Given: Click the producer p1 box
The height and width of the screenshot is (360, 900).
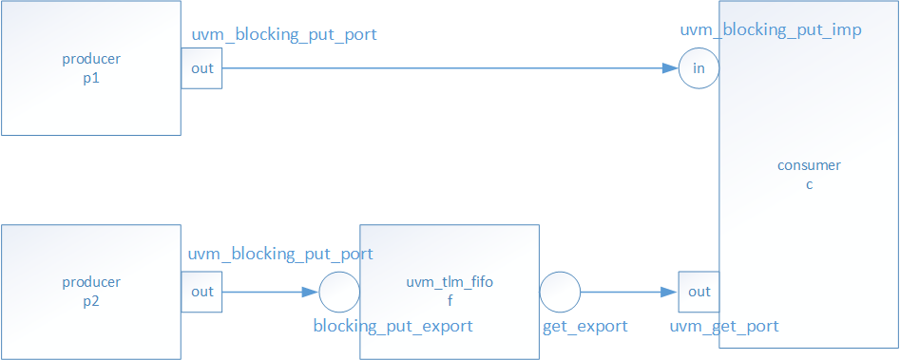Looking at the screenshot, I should coord(91,68).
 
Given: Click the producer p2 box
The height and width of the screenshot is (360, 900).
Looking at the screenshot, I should coord(91,292).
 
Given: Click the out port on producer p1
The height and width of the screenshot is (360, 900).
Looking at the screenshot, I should coord(202,68).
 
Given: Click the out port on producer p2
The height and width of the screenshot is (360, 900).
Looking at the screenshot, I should coord(202,292).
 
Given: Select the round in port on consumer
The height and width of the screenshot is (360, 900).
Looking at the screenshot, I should coord(699,68).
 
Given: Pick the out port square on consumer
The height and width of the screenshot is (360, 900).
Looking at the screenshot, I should coord(699,292).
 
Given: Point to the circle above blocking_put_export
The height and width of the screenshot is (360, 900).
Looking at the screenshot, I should coord(339,292).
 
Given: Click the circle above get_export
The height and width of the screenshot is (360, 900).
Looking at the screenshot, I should coord(560,292).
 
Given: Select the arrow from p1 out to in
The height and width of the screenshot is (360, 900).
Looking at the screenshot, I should coord(447,68).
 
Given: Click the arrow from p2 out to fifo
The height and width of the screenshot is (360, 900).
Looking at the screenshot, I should coord(271,292).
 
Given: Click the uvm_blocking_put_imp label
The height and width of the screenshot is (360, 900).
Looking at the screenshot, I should coord(771,30).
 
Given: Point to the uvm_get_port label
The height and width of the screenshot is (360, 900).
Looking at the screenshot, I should coord(724,327).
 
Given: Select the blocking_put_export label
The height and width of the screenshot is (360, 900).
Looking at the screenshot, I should coord(393,327).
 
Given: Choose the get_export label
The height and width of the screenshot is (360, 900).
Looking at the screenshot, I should coord(584,327).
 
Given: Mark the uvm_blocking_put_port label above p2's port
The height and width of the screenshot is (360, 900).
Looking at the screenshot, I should coord(279,255).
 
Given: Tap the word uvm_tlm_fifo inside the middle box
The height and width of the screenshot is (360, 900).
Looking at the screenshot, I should coord(450,282).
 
